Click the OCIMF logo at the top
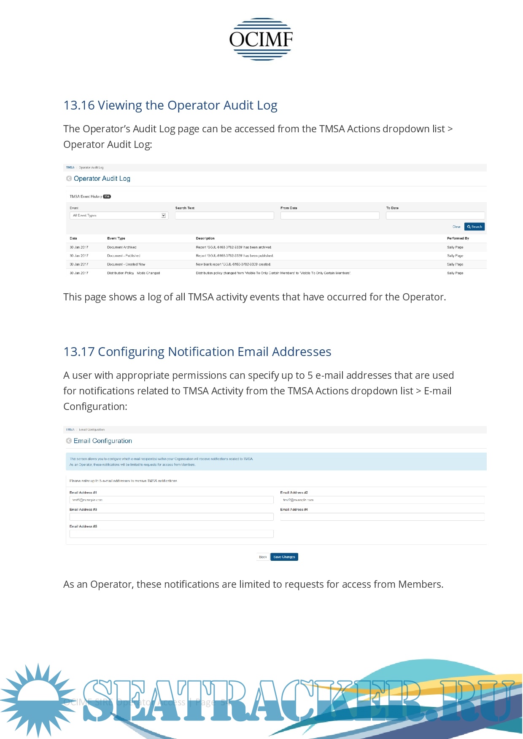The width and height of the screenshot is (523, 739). tap(261, 39)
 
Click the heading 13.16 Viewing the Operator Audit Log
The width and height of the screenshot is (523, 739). tap(170, 105)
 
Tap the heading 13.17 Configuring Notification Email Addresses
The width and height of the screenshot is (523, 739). tap(197, 352)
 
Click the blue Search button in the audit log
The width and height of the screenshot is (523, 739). tap(474, 227)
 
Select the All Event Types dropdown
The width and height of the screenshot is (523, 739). tap(119, 215)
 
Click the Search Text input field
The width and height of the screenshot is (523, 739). tap(224, 215)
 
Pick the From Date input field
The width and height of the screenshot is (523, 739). tap(330, 215)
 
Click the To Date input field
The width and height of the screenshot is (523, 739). tap(435, 215)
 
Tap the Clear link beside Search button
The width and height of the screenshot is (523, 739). tap(456, 227)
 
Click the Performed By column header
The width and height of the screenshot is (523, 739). tap(458, 238)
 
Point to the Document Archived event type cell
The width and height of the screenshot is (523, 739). tap(122, 247)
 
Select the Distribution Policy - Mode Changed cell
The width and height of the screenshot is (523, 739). tap(133, 273)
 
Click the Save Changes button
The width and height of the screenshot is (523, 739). tap(284, 557)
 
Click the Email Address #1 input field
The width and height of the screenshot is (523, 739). tap(171, 500)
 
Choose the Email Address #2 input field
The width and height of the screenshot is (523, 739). tap(382, 500)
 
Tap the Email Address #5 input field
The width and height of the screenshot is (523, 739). tap(171, 534)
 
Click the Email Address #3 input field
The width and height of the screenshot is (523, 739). tap(171, 517)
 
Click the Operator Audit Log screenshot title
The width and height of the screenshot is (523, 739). tap(102, 179)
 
